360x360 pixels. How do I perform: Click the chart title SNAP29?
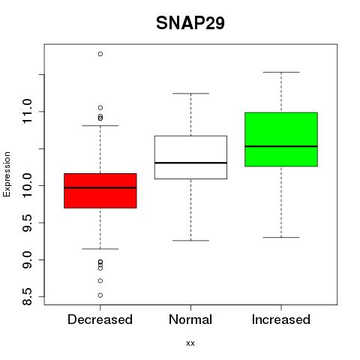[x=190, y=23]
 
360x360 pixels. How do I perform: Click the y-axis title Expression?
[x=7, y=174]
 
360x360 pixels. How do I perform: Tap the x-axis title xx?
[x=190, y=343]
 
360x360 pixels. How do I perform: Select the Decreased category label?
[x=100, y=319]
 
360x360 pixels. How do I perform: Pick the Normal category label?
[x=190, y=319]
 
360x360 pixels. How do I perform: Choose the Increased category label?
[x=281, y=319]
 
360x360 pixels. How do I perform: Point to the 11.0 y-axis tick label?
[x=27, y=111]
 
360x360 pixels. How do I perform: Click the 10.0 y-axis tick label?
[x=27, y=185]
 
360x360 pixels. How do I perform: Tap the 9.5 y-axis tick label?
[x=27, y=223]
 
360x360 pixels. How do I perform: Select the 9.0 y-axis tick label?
[x=27, y=259]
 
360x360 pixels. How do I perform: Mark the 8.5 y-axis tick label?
[x=27, y=297]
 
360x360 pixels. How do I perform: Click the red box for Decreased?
[x=100, y=190]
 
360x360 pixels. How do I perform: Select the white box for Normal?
[x=190, y=157]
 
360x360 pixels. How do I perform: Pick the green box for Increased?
[x=281, y=139]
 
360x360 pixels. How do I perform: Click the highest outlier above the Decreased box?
[x=100, y=54]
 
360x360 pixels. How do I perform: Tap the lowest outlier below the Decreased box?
[x=100, y=295]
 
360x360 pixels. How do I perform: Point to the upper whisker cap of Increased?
[x=281, y=72]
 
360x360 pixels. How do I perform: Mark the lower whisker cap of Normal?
[x=190, y=241]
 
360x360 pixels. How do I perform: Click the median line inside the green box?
[x=281, y=146]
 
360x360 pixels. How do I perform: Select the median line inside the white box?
[x=190, y=163]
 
